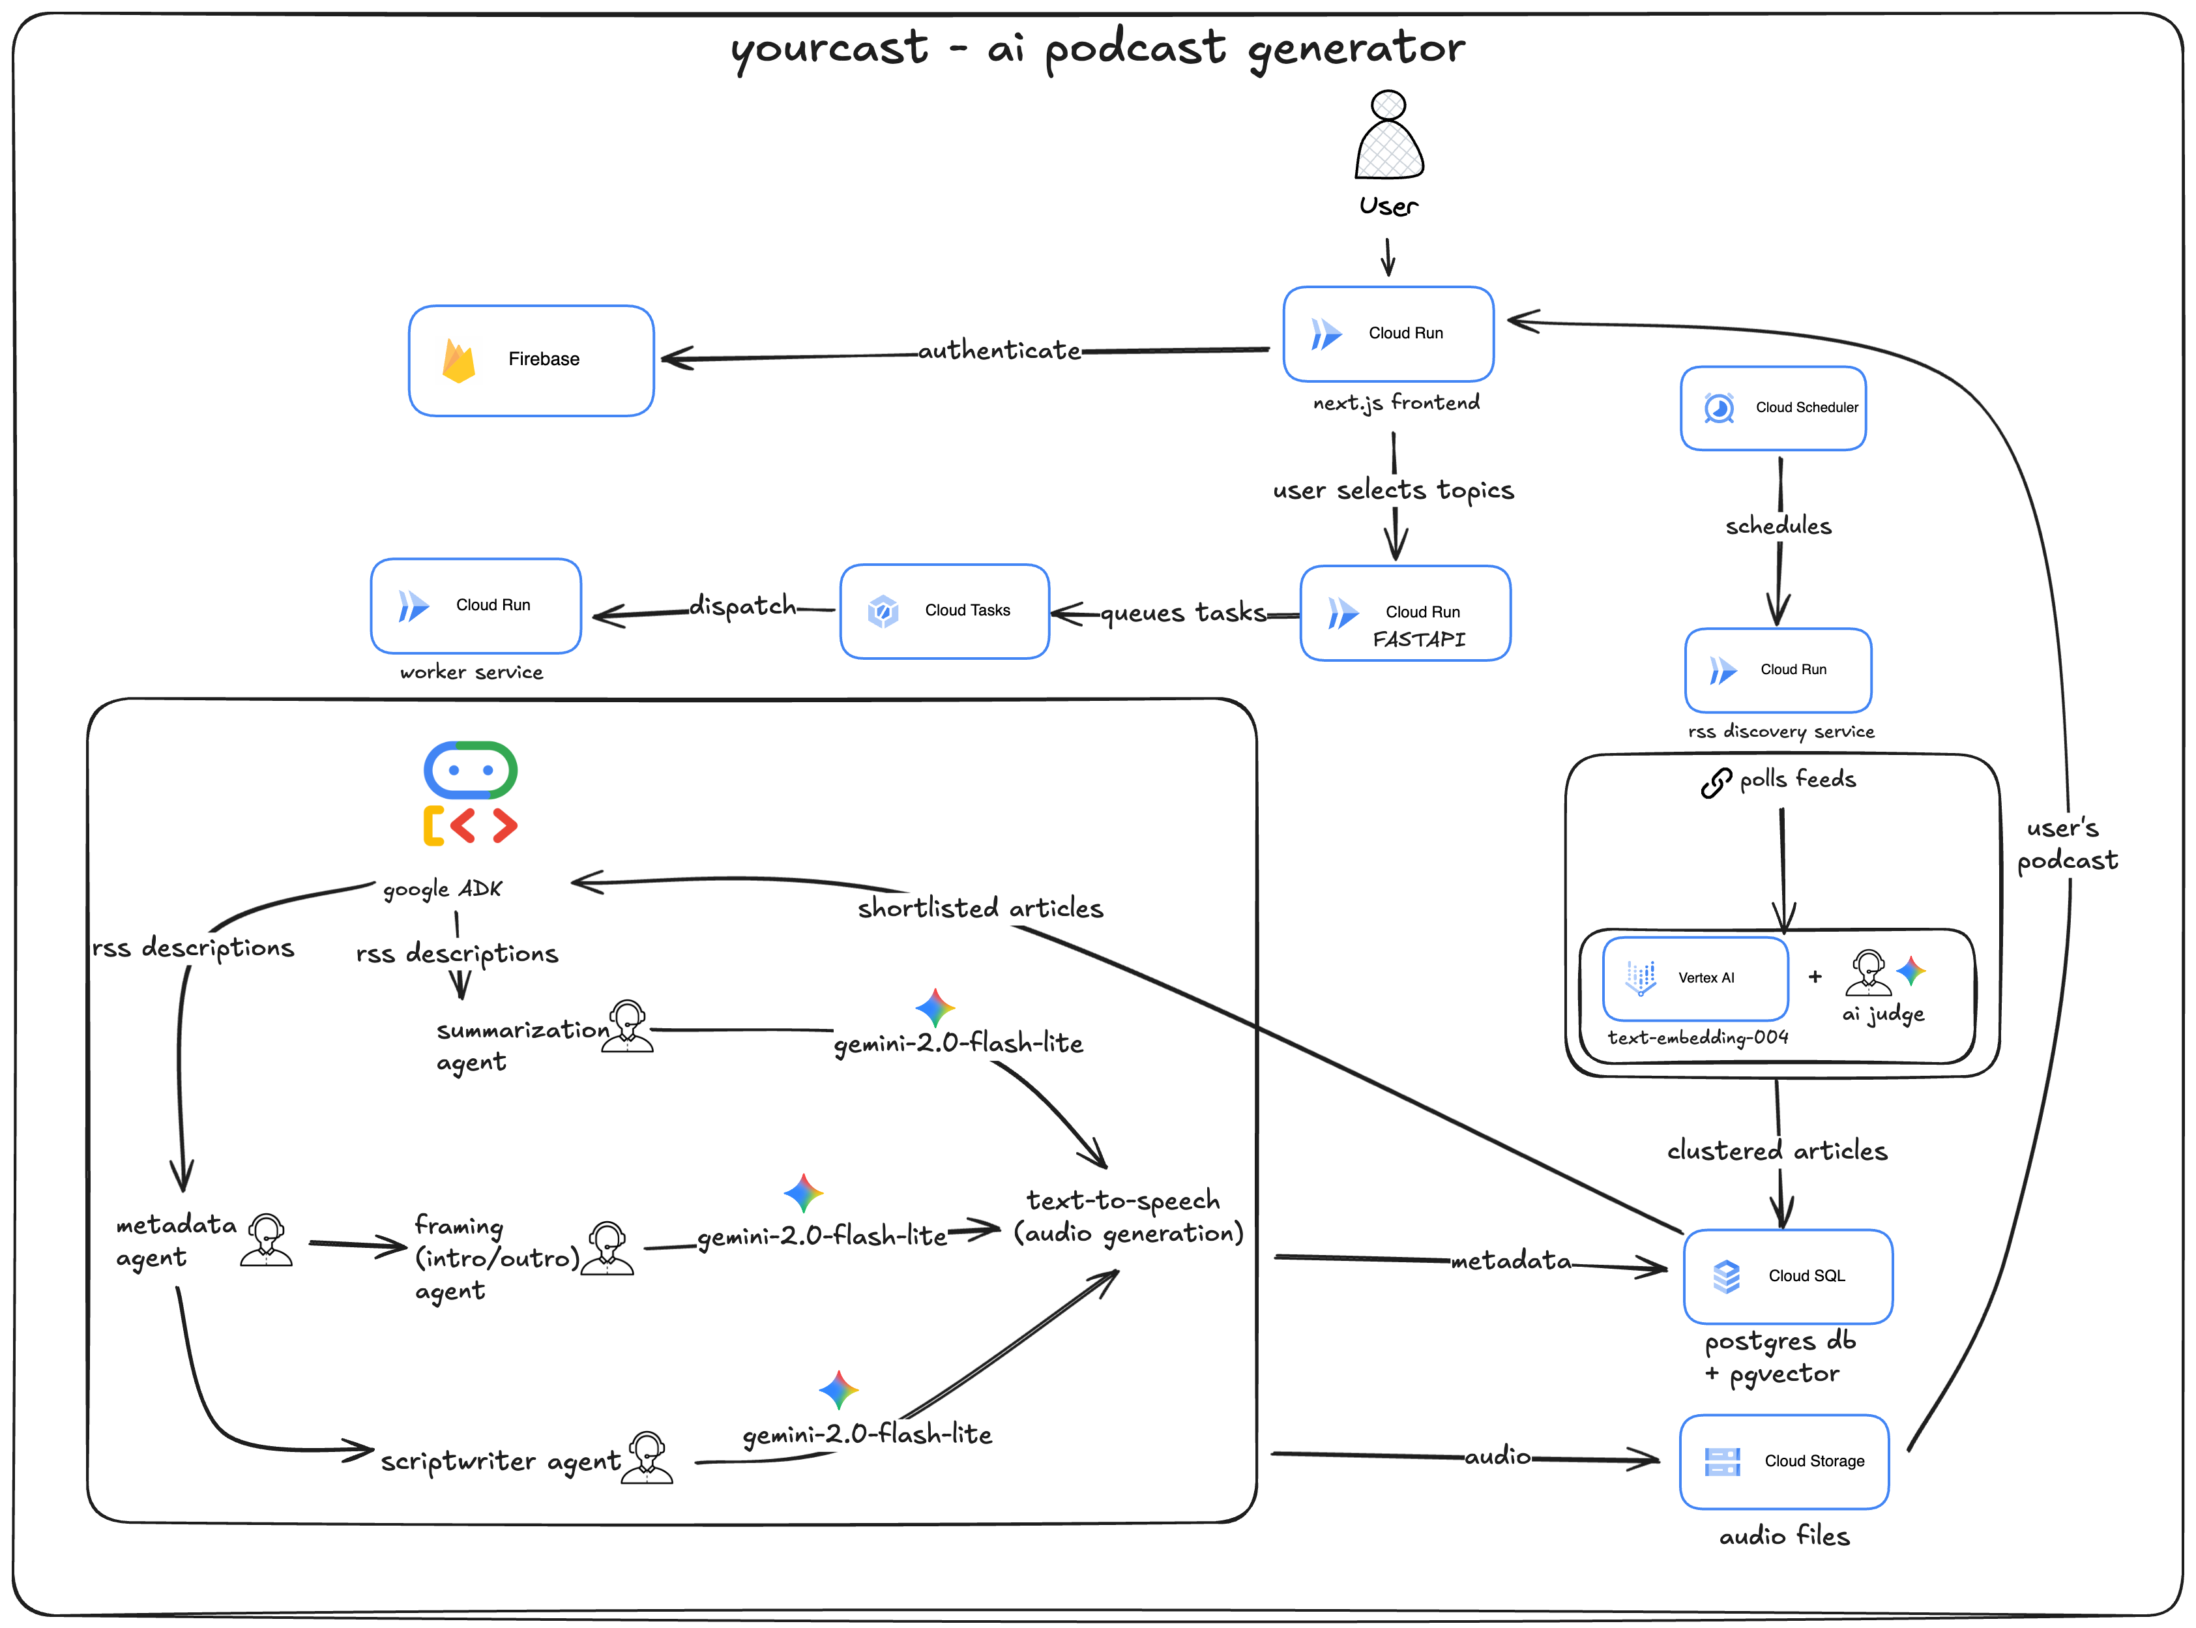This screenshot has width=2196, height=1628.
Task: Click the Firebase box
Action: [x=531, y=360]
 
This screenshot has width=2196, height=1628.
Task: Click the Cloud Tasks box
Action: [x=944, y=611]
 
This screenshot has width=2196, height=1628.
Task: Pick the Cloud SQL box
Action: [x=1787, y=1276]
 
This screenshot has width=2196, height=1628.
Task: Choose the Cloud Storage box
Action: [x=1783, y=1462]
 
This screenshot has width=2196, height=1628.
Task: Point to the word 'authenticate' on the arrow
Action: [x=999, y=351]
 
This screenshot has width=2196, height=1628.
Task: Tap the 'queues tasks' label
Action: [x=1182, y=613]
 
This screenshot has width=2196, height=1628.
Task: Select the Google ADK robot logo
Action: [x=470, y=793]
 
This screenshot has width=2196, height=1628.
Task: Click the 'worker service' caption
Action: [x=471, y=673]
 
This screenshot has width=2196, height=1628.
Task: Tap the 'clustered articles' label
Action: [x=1776, y=1151]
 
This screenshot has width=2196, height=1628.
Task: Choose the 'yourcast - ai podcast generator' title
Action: [x=1098, y=48]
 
